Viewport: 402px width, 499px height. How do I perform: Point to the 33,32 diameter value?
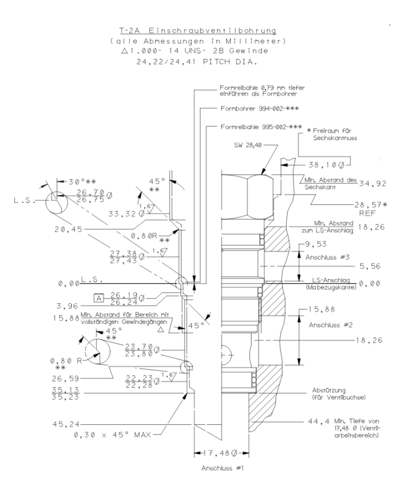[x=122, y=214]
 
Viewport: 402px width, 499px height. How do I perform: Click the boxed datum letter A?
[x=99, y=297]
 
